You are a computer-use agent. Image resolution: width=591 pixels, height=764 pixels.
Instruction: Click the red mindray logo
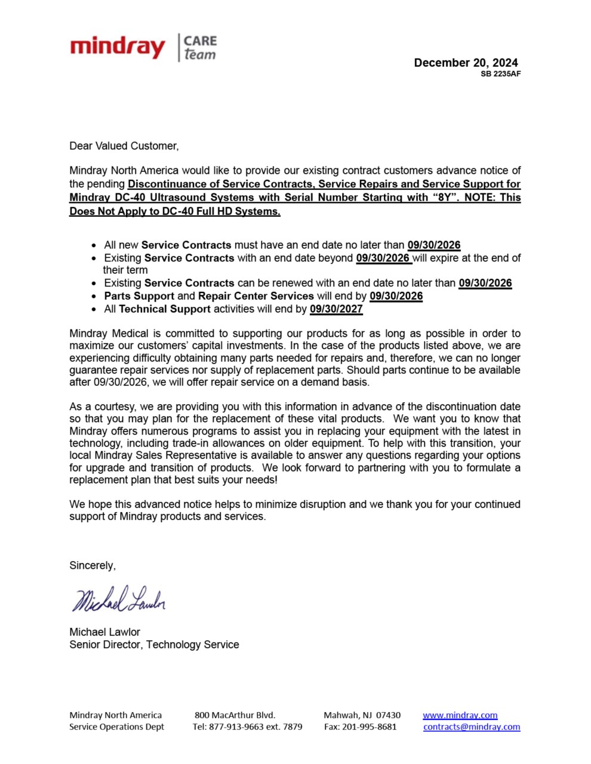click(x=117, y=47)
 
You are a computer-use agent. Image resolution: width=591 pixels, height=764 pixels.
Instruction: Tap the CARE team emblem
click(x=199, y=48)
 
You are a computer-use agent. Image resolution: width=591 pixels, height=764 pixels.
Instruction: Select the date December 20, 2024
click(x=466, y=63)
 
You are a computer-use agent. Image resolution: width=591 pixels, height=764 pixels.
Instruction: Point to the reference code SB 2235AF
click(x=500, y=74)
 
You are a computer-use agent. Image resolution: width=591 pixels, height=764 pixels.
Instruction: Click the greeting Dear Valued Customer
click(x=124, y=146)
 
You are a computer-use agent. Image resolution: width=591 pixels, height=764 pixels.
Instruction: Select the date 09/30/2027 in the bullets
click(x=336, y=309)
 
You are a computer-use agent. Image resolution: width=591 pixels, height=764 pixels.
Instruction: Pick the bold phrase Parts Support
click(x=139, y=296)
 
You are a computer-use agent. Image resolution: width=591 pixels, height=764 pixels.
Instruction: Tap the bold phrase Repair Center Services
click(x=256, y=296)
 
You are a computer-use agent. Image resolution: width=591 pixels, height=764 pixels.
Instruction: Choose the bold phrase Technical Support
click(x=165, y=309)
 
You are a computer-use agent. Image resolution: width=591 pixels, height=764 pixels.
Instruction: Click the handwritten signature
click(x=119, y=599)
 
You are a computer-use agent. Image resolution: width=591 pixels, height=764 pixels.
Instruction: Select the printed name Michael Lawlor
click(x=104, y=632)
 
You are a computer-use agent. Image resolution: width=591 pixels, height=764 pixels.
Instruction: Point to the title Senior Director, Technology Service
click(x=154, y=645)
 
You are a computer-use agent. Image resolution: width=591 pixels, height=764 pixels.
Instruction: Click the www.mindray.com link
click(x=460, y=715)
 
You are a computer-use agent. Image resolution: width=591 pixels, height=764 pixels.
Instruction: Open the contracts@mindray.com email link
click(x=472, y=727)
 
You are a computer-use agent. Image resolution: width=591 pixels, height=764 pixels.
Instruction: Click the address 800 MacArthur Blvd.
click(x=235, y=715)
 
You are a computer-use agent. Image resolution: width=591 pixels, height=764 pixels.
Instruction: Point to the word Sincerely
click(x=93, y=566)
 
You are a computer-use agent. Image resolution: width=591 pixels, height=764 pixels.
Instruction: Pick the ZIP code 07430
click(x=388, y=715)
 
